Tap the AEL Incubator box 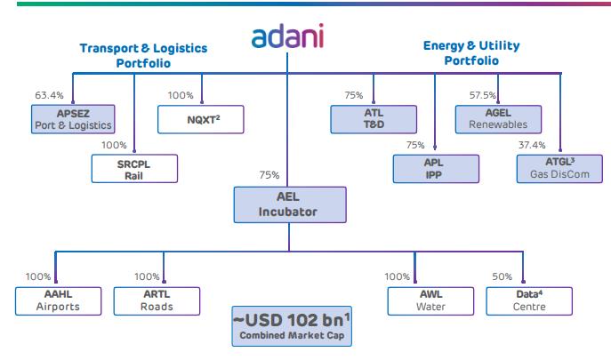pos(286,205)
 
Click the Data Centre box pos(523,300)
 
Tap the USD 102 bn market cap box pos(286,327)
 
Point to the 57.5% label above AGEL pos(481,94)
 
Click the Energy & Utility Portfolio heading pos(471,52)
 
